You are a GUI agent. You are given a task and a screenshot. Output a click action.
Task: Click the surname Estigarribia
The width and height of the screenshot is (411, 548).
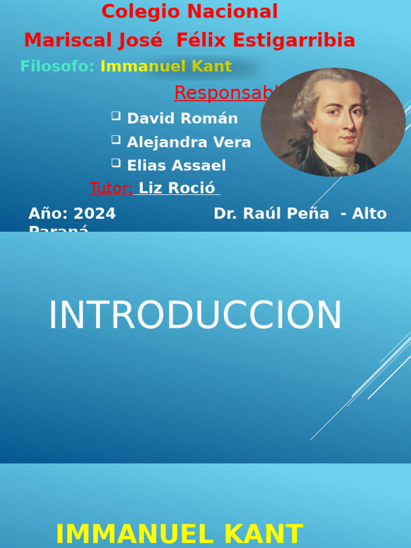pos(300,40)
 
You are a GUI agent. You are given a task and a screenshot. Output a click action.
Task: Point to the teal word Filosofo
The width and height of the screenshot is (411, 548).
pos(56,66)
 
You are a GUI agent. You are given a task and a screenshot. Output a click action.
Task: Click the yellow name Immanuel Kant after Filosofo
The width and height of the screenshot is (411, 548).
pos(166,66)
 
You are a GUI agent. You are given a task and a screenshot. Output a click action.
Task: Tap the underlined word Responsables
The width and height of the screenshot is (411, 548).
pos(225,93)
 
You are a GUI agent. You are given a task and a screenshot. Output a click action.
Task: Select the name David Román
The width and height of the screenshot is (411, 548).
pos(182,118)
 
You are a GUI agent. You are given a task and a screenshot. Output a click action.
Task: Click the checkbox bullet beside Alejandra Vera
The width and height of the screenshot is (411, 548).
pos(116,140)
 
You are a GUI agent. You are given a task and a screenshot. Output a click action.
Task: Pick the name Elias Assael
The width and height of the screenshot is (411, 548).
pos(176,165)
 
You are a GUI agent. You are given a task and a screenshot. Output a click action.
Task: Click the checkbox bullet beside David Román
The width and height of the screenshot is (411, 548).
pos(116,116)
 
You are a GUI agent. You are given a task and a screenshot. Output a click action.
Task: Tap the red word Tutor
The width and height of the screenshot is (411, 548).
pos(110,188)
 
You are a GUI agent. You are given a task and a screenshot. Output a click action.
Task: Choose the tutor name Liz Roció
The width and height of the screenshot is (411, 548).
pos(177,188)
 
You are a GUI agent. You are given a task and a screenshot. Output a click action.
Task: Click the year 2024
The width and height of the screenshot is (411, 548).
pos(94,214)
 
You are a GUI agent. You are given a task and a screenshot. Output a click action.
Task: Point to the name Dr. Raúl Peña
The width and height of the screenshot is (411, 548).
pos(271,214)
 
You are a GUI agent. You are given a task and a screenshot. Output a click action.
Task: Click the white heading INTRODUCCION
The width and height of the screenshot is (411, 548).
pos(195,316)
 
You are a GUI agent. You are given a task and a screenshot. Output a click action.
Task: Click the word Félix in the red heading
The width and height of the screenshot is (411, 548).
pos(200,40)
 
